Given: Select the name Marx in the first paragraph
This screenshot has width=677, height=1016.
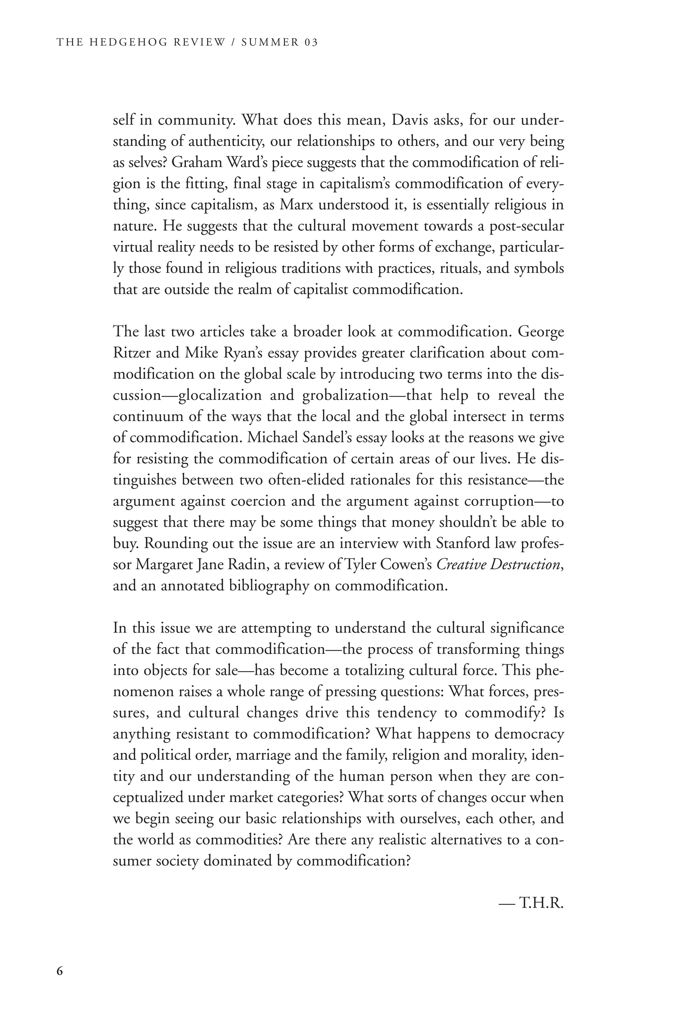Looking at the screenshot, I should coord(297,205).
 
